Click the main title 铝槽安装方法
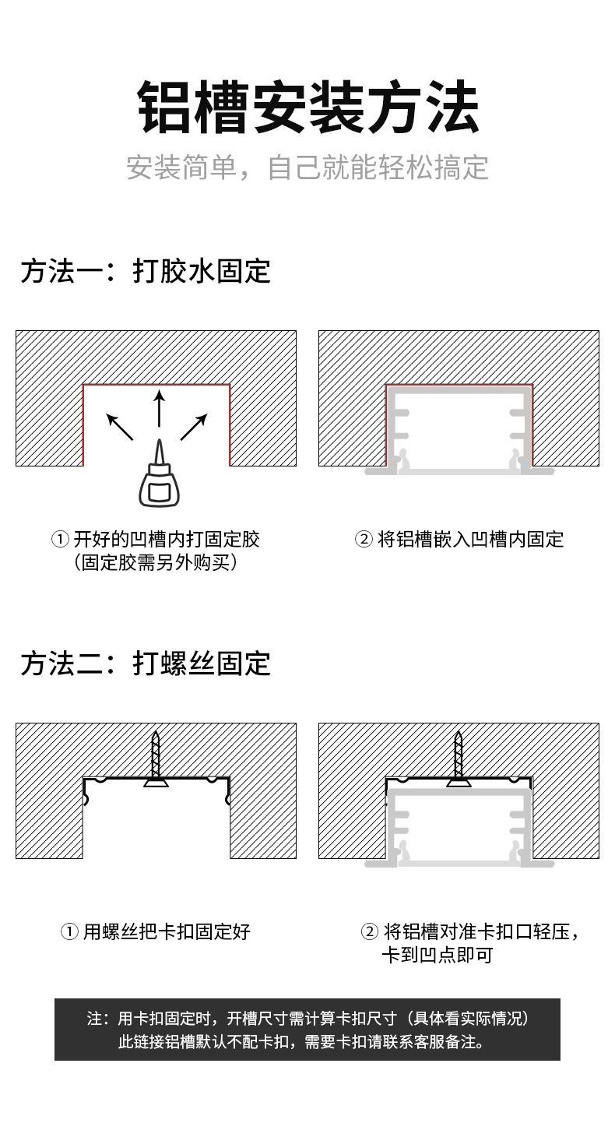(x=307, y=108)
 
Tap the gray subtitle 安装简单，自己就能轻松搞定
(x=307, y=167)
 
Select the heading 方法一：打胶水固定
(x=146, y=271)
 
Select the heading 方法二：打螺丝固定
(x=146, y=663)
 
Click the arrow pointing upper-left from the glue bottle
(x=119, y=428)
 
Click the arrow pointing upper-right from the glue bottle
(x=195, y=427)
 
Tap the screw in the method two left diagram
(x=156, y=759)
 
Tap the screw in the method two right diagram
(x=459, y=759)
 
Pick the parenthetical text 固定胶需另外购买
(x=156, y=562)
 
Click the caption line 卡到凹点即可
(x=437, y=955)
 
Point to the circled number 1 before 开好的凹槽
(x=61, y=539)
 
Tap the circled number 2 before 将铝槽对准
(x=370, y=931)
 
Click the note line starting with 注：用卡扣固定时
(x=307, y=1019)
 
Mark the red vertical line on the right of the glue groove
(x=230, y=425)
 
